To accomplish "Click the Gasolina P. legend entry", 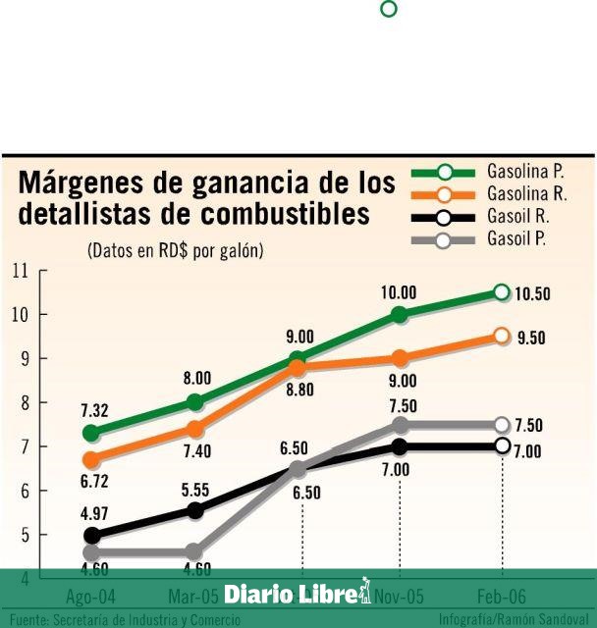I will point(482,172).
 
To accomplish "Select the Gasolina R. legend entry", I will point(482,194).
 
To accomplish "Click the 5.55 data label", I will point(195,487).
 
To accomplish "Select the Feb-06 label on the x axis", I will point(502,595).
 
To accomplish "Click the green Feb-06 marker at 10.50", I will point(502,292).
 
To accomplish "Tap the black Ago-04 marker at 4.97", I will point(92,536).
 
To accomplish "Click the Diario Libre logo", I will point(298,593).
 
